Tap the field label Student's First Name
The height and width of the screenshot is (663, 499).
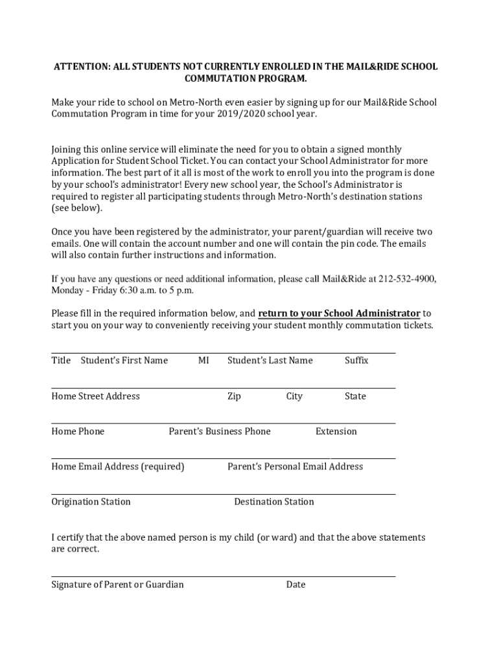124,361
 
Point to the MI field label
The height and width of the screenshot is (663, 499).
203,361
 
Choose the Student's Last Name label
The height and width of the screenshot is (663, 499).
270,361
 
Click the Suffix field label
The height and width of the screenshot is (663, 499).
356,361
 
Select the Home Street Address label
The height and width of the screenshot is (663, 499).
95,396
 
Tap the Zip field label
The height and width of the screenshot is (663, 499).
234,396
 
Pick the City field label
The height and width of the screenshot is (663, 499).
294,396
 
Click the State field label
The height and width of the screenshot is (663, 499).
355,396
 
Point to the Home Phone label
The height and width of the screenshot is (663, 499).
78,431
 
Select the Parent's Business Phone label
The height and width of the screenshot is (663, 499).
220,431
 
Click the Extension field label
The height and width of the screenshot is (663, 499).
336,431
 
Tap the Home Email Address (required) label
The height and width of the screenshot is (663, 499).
117,466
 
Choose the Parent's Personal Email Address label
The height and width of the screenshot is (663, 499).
295,466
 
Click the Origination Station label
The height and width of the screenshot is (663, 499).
91,502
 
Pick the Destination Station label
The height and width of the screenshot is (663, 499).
273,502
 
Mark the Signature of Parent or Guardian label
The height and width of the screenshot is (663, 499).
117,585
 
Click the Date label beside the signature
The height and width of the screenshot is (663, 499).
296,585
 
